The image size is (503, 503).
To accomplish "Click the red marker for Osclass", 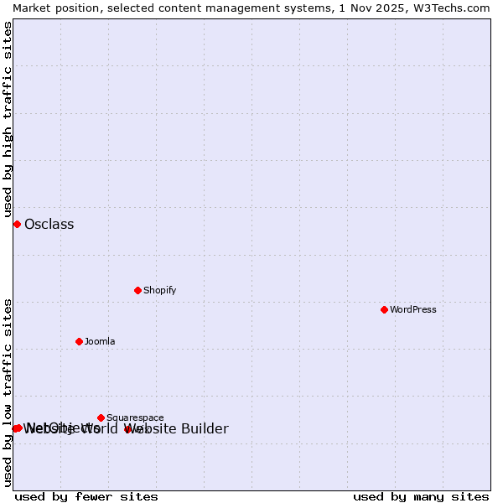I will pos(17,224).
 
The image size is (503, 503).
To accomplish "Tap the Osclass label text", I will pos(49,224).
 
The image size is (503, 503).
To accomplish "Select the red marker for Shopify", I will pos(137,290).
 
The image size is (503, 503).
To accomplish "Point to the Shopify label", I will pos(159,290).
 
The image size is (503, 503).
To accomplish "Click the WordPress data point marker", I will pos(384,309).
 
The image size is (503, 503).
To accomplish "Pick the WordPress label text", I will pos(412,309).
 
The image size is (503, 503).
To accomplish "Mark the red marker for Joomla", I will pos(79,341).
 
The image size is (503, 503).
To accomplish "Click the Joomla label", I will pos(100,341).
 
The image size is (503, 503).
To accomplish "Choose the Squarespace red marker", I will pos(101,417).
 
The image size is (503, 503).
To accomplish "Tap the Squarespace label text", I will pos(135,417).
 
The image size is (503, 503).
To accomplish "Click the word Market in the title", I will pos(33,8).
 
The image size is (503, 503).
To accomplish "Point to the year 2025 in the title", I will pos(390,8).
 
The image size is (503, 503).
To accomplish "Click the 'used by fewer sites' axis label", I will pos(86,496).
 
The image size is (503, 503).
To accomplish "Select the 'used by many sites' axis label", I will pos(421,496).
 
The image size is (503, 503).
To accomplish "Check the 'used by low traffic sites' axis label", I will pos(8,392).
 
